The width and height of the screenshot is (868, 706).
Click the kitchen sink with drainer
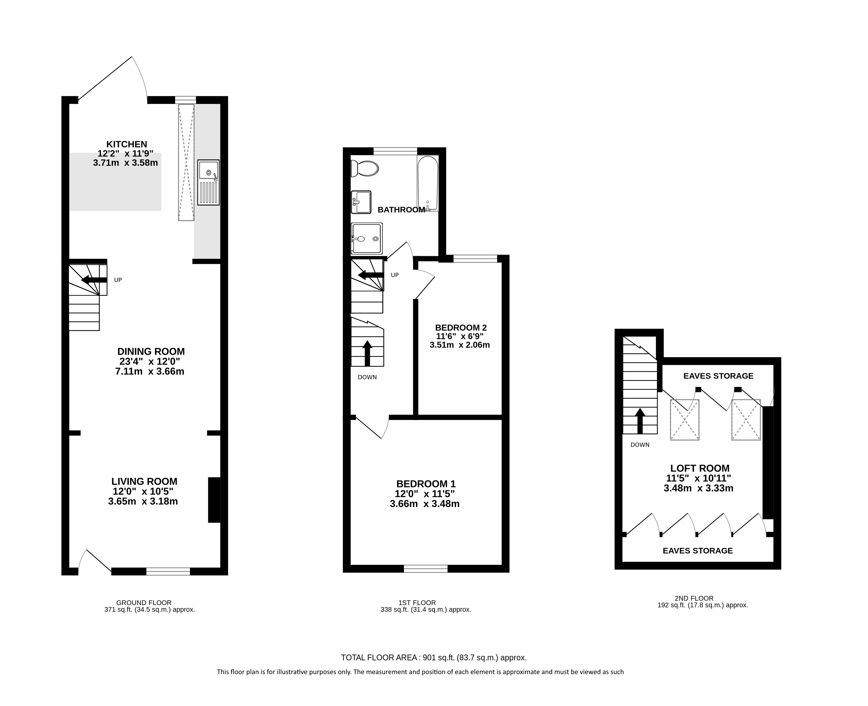click(x=208, y=182)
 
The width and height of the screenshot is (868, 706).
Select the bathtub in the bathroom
click(x=427, y=183)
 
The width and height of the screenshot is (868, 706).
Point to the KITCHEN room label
click(x=126, y=144)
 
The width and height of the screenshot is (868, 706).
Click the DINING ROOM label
click(x=151, y=351)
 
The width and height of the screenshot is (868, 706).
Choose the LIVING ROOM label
click(x=145, y=482)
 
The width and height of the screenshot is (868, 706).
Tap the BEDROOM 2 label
click(x=461, y=327)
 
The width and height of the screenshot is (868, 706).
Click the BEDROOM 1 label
click(x=426, y=484)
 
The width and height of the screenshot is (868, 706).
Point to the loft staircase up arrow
click(x=640, y=421)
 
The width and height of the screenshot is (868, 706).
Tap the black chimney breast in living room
click(x=214, y=500)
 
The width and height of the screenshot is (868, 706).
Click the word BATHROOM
click(x=401, y=210)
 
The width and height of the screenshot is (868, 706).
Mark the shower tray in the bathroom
click(x=367, y=238)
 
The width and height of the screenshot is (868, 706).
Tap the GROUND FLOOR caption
click(x=144, y=603)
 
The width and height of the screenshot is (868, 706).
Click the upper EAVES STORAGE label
click(x=718, y=376)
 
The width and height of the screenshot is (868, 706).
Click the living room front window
click(x=168, y=571)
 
